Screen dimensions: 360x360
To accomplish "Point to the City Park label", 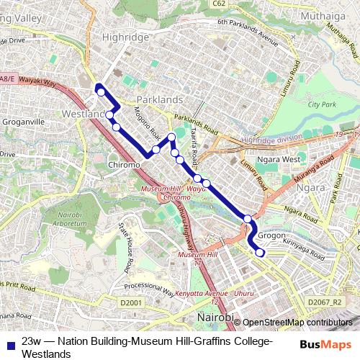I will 322,105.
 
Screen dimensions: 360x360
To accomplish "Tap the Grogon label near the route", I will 271,235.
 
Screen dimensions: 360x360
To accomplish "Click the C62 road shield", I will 219,3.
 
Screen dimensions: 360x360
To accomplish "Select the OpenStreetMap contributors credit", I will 297,323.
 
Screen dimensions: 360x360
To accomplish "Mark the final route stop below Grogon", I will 259,252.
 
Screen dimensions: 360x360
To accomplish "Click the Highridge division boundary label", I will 272,140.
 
